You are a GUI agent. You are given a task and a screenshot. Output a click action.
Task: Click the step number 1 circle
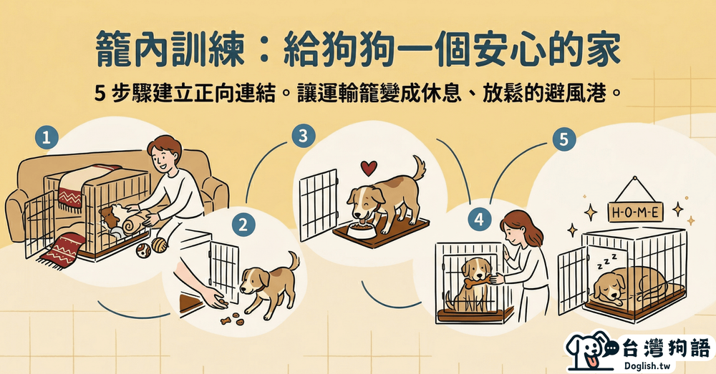click(47, 137)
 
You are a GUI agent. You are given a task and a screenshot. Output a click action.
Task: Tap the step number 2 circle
click(243, 225)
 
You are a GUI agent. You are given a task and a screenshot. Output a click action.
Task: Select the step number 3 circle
click(303, 135)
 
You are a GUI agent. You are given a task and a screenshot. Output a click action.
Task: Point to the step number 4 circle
click(479, 220)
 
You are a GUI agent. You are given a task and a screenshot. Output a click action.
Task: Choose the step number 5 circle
click(564, 139)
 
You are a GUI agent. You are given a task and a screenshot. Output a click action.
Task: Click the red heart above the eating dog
click(369, 168)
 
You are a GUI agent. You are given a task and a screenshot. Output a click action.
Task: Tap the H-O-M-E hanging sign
click(634, 212)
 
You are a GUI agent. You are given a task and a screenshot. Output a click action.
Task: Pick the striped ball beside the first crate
click(160, 245)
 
